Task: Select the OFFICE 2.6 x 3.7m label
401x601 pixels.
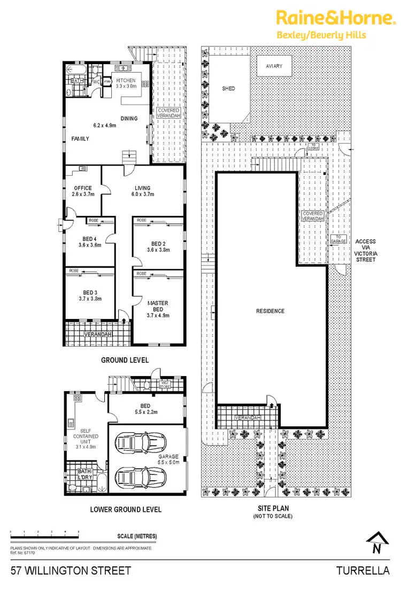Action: coord(83,191)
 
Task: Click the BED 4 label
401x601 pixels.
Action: coord(90,242)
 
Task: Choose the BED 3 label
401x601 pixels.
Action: coord(90,296)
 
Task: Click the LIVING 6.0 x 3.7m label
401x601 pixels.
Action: coord(143,191)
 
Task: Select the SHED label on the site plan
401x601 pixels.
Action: coord(229,89)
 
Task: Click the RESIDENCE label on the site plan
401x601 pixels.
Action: coord(270,311)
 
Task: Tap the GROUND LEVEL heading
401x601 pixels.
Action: coord(125,361)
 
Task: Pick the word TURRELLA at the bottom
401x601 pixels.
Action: coord(363,571)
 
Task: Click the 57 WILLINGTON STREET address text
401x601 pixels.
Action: coord(71,571)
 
